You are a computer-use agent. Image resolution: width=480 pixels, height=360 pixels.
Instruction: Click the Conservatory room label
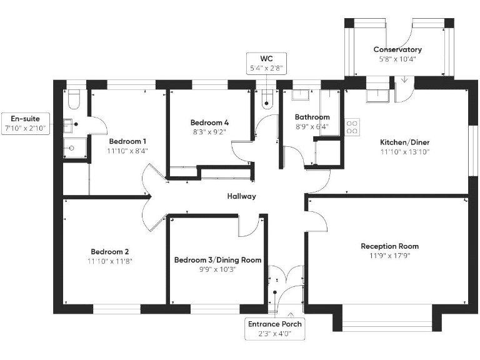point(397,49)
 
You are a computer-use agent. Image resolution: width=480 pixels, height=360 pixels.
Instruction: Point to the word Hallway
point(241,196)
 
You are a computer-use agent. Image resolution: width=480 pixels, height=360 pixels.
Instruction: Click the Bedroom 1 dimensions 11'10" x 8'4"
point(127,151)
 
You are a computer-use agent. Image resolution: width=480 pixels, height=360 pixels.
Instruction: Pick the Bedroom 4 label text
point(209,122)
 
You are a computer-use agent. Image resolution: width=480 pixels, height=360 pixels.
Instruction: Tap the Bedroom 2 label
point(110,252)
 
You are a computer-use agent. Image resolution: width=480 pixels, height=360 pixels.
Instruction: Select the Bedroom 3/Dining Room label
point(217,260)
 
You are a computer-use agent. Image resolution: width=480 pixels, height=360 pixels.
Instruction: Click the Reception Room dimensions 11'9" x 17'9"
point(389,256)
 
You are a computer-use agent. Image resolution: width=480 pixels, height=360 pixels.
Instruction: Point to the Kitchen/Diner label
point(404,142)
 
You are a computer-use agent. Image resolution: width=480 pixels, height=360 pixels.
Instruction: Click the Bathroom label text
point(312,117)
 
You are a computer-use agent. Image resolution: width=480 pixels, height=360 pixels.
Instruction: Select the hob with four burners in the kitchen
point(352,127)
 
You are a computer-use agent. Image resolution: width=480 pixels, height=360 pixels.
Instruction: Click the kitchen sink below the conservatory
point(379,95)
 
